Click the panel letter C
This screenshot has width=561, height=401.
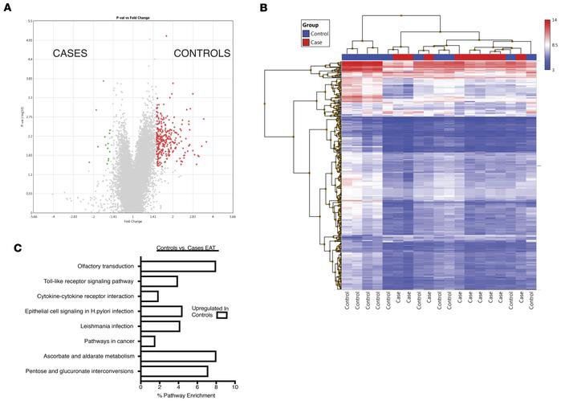[x=8, y=248]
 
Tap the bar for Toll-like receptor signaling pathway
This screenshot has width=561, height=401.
[x=159, y=281]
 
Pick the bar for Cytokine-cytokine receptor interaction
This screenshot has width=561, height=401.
[x=149, y=296]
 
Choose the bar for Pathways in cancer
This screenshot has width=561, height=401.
[x=148, y=342]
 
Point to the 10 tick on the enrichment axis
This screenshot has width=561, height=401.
[x=234, y=387]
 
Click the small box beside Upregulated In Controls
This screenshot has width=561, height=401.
[x=222, y=315]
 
